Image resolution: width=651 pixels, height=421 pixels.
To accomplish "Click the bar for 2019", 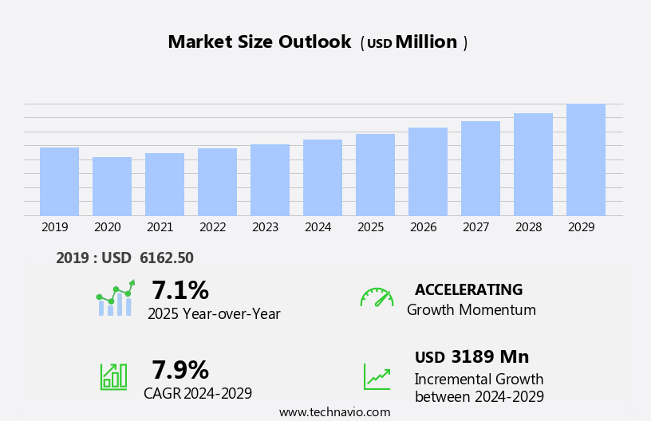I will [59, 182].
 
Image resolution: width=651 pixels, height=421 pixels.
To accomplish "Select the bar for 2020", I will [112, 187].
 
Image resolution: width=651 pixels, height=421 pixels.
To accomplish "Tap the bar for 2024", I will [322, 178].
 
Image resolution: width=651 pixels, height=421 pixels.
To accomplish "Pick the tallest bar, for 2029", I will [586, 159].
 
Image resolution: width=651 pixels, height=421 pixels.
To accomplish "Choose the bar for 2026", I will [428, 171].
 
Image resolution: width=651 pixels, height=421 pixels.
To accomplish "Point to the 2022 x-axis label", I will [213, 227].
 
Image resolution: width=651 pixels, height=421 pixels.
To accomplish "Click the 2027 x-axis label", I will [476, 227].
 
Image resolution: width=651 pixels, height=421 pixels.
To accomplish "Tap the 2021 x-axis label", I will [160, 227].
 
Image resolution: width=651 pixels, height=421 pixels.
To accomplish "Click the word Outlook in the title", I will [314, 42].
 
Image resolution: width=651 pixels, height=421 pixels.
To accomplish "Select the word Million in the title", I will [426, 42].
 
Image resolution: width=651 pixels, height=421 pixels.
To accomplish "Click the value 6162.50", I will [166, 258].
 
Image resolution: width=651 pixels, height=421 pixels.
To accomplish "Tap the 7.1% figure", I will [180, 290].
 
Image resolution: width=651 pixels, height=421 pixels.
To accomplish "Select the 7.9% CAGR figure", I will [180, 370].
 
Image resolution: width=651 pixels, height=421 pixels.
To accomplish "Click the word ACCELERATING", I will [468, 289].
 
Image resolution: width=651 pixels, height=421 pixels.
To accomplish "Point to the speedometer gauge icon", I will [377, 297].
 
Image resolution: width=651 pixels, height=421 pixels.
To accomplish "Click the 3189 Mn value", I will [490, 357].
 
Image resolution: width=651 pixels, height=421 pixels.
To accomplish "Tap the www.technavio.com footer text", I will [334, 412].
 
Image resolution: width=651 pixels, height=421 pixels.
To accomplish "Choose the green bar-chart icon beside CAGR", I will [113, 376].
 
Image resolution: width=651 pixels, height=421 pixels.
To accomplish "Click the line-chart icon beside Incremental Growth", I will [377, 376].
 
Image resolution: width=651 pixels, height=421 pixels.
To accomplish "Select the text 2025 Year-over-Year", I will [214, 314].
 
